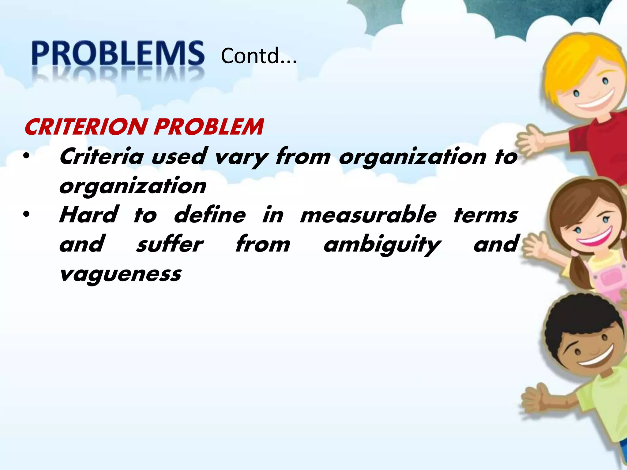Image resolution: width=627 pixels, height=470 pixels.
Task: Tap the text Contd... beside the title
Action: tap(259, 56)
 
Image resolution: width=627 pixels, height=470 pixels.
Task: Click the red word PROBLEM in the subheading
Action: tap(208, 127)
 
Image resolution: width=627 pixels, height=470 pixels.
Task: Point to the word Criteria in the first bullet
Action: tap(101, 156)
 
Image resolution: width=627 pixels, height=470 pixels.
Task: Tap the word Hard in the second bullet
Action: tap(88, 215)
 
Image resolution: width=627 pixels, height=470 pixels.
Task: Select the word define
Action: tap(210, 215)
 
